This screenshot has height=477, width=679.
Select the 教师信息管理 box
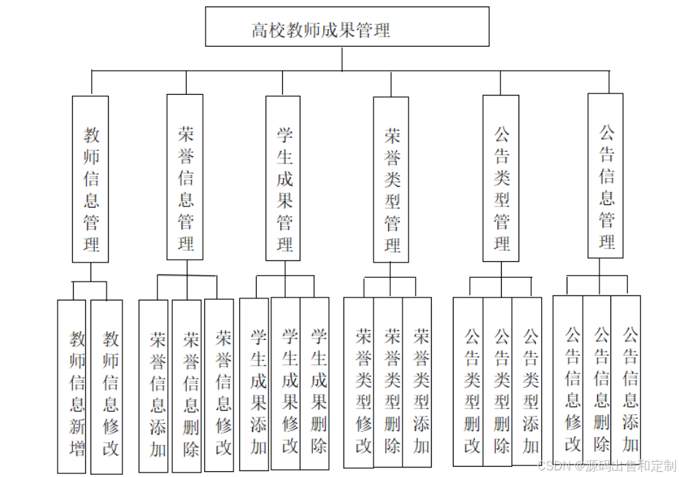pos(90,179)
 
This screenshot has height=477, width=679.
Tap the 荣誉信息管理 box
pos(185,177)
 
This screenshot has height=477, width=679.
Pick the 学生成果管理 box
pos(284,178)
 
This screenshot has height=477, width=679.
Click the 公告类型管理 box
pos(501,178)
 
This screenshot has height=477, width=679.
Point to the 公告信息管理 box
pos(605,176)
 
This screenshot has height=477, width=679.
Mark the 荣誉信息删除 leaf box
pos(188,386)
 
